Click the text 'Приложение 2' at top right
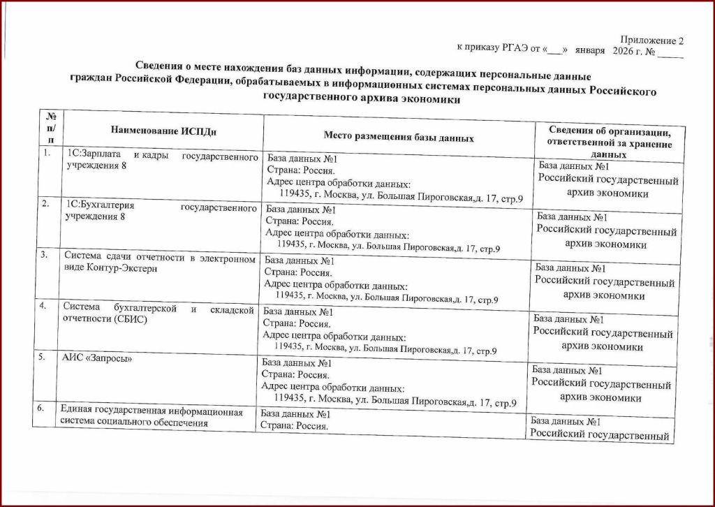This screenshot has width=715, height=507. pos(651,41)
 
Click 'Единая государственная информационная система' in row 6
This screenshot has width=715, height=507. pos(151,412)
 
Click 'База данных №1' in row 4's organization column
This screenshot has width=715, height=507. pos(569,319)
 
